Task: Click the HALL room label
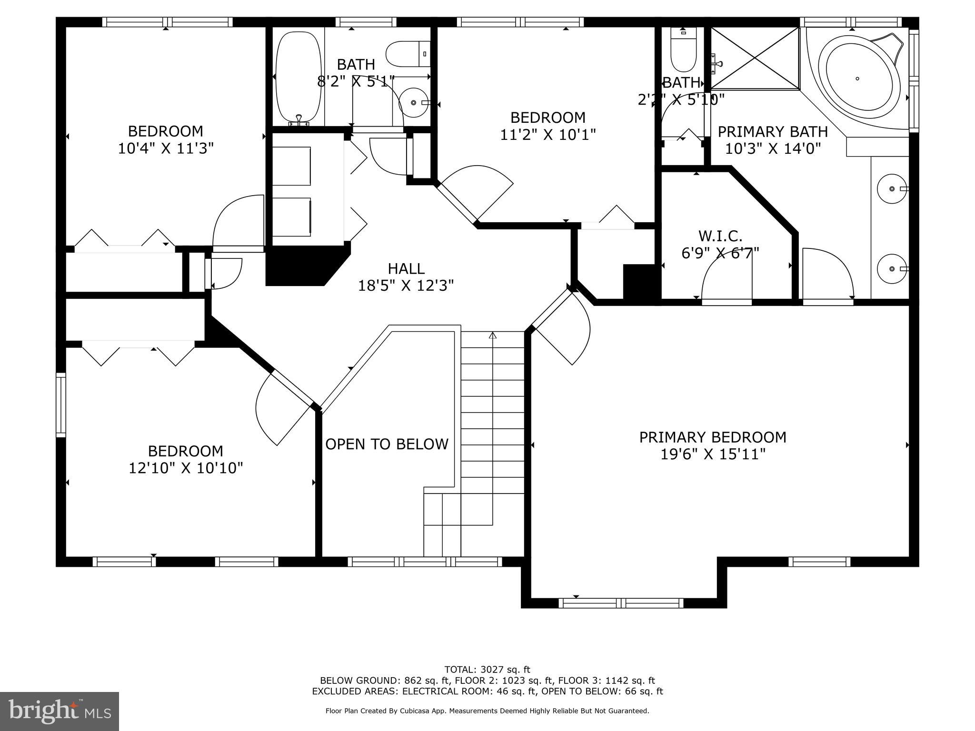[x=406, y=269]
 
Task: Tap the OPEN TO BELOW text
[x=387, y=444]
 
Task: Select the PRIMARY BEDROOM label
[x=712, y=437]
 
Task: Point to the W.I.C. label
[x=720, y=236]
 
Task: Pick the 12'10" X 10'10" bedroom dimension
[x=186, y=468]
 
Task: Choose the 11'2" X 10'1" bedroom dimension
[x=548, y=135]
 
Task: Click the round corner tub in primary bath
[x=857, y=79]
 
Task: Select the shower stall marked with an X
[x=755, y=58]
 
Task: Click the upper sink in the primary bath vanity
[x=892, y=189]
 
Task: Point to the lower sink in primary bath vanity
[x=892, y=269]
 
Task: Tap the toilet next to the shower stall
[x=683, y=50]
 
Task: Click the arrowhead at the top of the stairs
[x=493, y=335]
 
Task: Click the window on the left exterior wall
[x=61, y=405]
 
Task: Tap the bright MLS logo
[x=60, y=711]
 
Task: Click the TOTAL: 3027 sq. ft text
[x=487, y=670]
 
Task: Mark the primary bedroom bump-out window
[x=621, y=603]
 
